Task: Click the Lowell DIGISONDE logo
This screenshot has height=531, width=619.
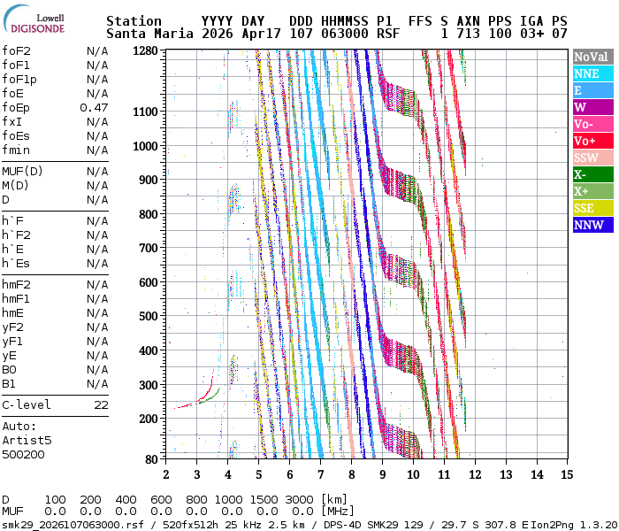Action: coord(34,19)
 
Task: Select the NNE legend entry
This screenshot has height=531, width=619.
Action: coord(593,73)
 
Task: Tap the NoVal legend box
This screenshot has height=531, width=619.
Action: coord(593,57)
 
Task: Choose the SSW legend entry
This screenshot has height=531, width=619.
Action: coord(593,158)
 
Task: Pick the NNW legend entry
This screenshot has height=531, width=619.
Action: coord(593,225)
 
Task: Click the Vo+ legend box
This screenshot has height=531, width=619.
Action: coord(593,141)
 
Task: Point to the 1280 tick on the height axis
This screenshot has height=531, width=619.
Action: coord(145,51)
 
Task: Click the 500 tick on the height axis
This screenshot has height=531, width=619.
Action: coord(149,317)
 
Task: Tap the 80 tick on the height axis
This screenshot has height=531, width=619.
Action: coord(151,459)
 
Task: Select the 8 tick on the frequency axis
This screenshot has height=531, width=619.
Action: coord(351,474)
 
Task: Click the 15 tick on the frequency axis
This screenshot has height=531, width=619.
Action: coord(567,474)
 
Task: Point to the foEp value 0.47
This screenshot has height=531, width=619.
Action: coord(94,108)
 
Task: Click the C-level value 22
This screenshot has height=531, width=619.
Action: coord(101,405)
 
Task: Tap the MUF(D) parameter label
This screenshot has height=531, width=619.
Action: coord(22,172)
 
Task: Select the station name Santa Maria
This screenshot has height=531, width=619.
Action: coord(149,34)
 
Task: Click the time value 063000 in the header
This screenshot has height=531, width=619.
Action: coord(345,34)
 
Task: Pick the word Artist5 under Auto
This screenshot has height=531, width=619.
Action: coord(27,440)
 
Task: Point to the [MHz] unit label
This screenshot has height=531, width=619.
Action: coord(338,512)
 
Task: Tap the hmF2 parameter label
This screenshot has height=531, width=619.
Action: coord(16,285)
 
